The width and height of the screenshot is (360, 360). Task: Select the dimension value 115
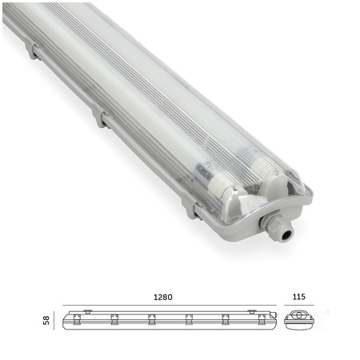[299, 297]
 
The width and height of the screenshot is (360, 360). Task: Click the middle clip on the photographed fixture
[99, 118]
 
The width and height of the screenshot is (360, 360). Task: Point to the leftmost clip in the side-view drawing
[77, 320]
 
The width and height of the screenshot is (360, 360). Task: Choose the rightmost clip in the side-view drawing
[261, 320]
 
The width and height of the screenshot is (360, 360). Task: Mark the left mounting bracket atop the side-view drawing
[86, 311]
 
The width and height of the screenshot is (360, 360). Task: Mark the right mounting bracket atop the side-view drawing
[251, 311]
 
